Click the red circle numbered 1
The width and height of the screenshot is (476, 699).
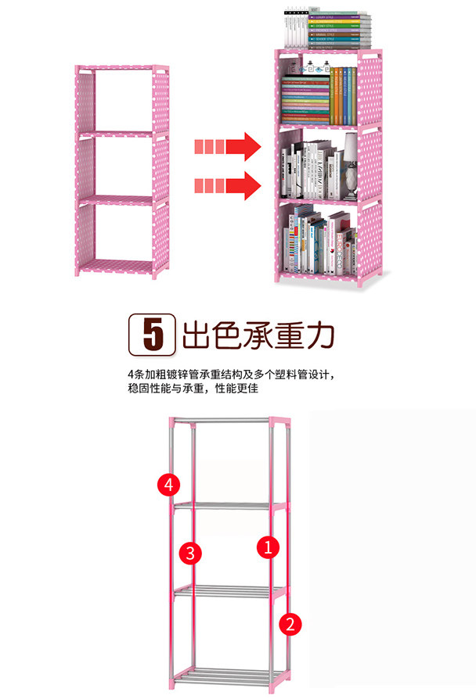268,547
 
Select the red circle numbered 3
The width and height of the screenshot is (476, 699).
190,554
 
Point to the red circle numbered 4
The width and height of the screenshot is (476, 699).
168,484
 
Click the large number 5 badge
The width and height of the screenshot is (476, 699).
150,335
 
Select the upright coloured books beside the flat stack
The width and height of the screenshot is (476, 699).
342,95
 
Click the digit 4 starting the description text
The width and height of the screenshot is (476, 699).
130,374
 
